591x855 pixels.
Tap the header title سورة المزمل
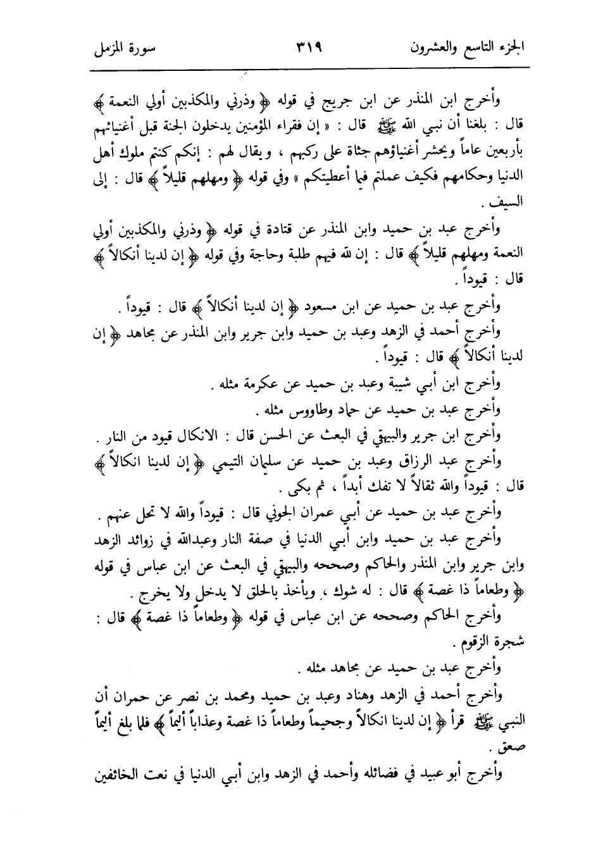tap(127, 48)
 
